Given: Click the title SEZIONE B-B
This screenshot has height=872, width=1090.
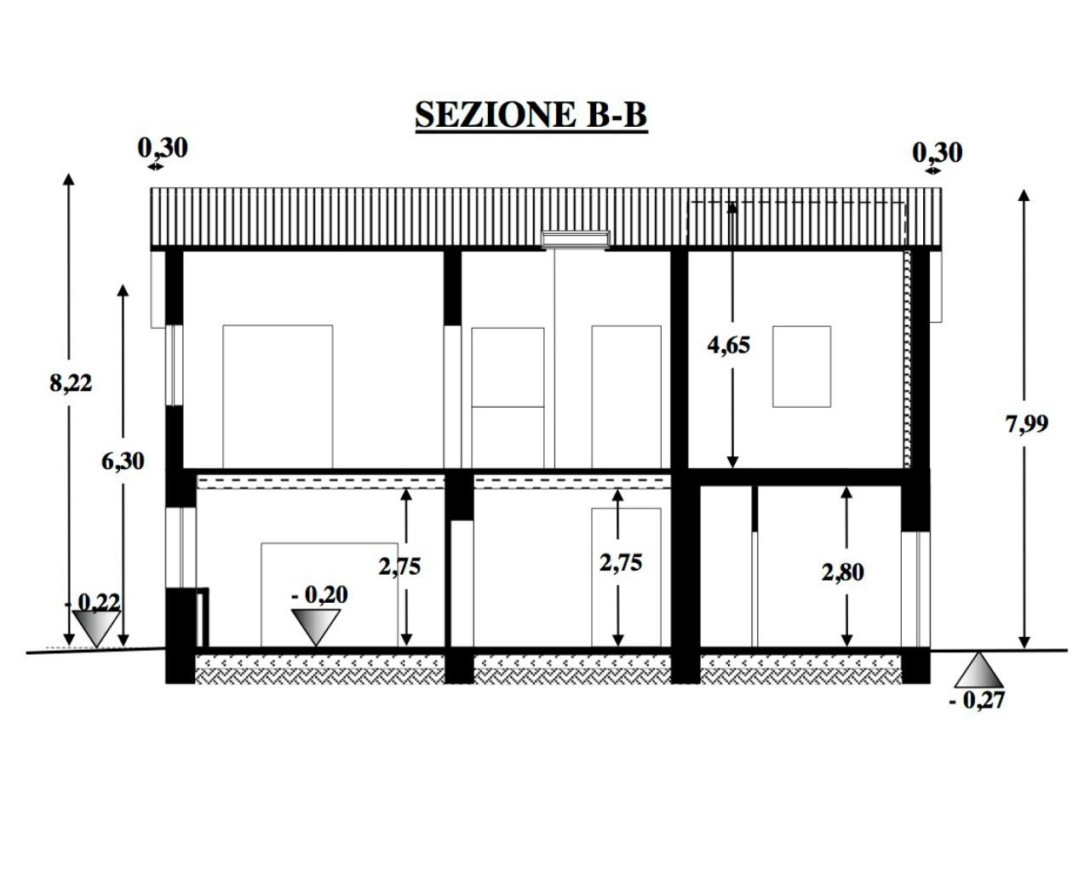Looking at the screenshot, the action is pyautogui.click(x=531, y=115).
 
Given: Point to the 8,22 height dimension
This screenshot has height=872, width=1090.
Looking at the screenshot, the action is pyautogui.click(x=71, y=383).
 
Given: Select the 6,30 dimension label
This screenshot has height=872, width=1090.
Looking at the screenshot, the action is pyautogui.click(x=123, y=461).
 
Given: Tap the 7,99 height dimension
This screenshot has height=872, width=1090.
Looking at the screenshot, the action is pyautogui.click(x=1027, y=423).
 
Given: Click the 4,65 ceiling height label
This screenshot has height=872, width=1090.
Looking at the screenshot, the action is pyautogui.click(x=728, y=346).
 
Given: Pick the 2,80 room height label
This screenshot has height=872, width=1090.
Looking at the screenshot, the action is pyautogui.click(x=843, y=572).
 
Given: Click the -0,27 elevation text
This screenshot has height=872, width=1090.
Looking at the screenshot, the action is pyautogui.click(x=977, y=701).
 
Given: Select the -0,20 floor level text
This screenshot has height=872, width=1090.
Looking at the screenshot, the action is pyautogui.click(x=319, y=595).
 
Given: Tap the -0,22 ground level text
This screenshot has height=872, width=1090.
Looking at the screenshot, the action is pyautogui.click(x=94, y=602).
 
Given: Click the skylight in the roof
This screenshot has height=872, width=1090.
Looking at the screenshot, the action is pyautogui.click(x=576, y=239).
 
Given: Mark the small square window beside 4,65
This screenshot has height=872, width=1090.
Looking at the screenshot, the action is pyautogui.click(x=801, y=366).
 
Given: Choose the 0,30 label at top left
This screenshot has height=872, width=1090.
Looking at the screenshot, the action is pyautogui.click(x=163, y=148).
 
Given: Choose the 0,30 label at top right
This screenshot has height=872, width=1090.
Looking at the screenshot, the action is pyautogui.click(x=937, y=153).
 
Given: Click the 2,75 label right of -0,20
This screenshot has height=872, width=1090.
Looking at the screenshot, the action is pyautogui.click(x=399, y=567).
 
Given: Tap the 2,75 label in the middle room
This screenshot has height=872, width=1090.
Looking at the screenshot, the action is pyautogui.click(x=621, y=563).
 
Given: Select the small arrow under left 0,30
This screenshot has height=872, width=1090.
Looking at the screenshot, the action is pyautogui.click(x=156, y=166).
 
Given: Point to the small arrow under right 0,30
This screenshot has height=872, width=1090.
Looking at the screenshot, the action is pyautogui.click(x=933, y=171).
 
